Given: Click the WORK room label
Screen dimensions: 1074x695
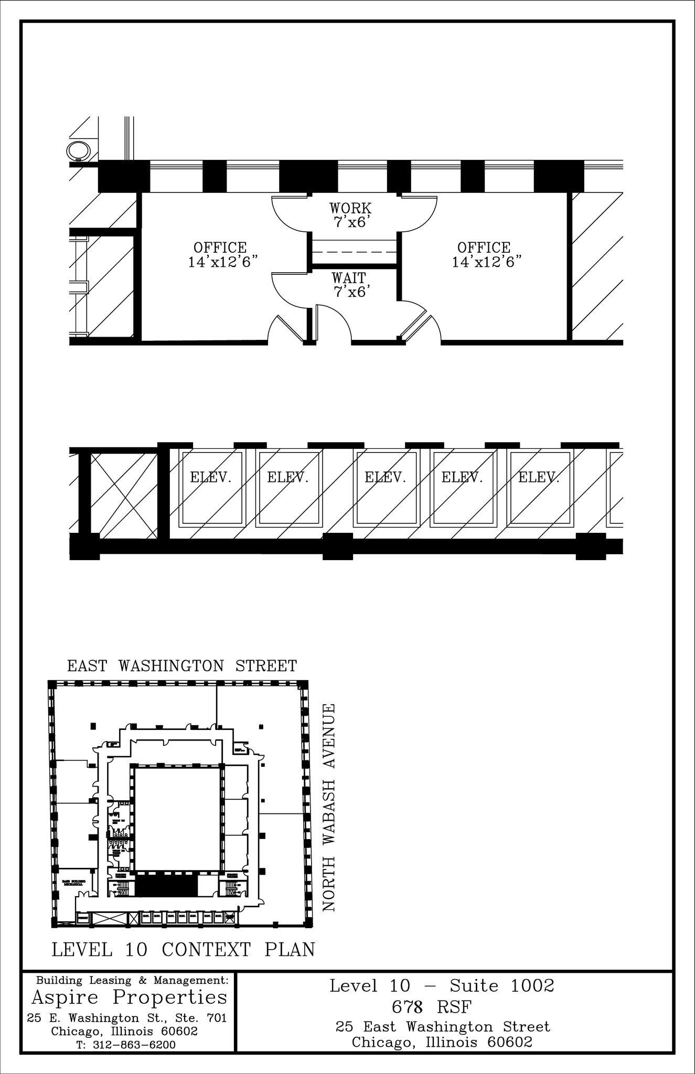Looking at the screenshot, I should (350, 208).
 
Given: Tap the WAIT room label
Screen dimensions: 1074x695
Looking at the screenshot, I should (349, 278).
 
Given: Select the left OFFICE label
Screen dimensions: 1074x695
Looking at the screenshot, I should (220, 248).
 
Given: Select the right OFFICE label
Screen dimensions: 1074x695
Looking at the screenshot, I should (484, 248).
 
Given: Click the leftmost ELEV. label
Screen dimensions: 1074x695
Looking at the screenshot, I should (211, 477).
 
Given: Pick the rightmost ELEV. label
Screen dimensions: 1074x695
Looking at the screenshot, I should (539, 477).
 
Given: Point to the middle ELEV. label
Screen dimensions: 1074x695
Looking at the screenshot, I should (386, 477).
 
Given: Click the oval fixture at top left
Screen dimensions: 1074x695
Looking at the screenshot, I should (79, 151).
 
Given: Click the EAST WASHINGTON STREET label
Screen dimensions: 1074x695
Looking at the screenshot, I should (182, 666).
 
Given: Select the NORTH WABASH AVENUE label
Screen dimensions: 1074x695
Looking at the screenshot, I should (329, 808).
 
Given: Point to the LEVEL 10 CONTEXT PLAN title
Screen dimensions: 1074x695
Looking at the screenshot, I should (183, 950).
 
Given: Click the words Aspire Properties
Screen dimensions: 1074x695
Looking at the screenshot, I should (130, 996).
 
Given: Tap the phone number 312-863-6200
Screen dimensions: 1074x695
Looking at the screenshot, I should (134, 1045).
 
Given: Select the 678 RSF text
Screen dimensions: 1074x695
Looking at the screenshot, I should (431, 1007).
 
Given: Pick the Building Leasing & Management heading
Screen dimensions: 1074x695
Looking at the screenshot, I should (132, 980).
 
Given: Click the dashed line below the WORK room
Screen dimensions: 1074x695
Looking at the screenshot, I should (354, 252).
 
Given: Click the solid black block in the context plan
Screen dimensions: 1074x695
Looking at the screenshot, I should (167, 886).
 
